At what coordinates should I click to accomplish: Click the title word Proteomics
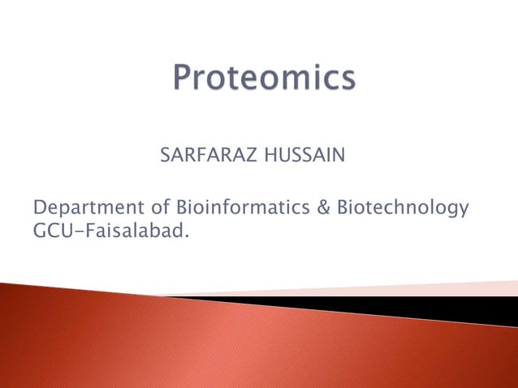click(x=265, y=81)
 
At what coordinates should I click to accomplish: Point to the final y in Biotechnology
click(x=464, y=210)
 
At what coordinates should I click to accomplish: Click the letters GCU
click(x=53, y=232)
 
